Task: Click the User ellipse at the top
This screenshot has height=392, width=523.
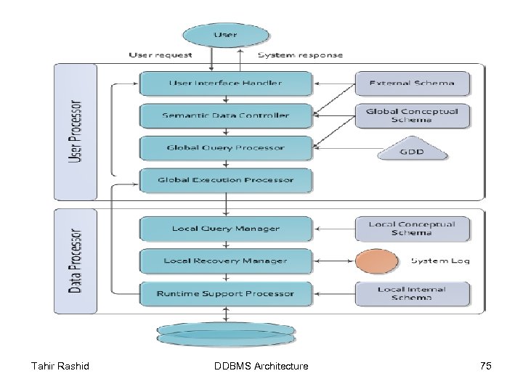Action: coord(225,35)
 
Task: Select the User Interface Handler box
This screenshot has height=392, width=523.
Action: coord(226,83)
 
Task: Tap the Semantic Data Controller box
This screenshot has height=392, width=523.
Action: coord(226,115)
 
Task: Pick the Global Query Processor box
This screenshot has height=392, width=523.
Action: coord(226,148)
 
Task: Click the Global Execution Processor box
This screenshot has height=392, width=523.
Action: coord(226,180)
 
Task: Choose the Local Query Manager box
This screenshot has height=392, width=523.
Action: coord(226,229)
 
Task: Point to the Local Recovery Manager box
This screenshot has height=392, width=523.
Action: coord(226,261)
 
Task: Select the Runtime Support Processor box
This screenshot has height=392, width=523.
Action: coord(226,294)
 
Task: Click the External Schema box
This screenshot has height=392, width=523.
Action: coord(412,83)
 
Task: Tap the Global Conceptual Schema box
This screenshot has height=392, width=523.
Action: coord(412,115)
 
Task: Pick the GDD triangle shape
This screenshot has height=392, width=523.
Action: coord(412,151)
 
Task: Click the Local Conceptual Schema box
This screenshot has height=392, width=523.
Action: coord(412,229)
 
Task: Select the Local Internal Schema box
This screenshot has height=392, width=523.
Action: coord(412,294)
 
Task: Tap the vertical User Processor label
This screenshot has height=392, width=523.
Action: coord(75,131)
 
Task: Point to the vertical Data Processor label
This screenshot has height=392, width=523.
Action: coord(75,261)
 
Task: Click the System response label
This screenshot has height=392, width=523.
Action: coord(301,54)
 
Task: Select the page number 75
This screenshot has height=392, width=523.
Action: coord(485,366)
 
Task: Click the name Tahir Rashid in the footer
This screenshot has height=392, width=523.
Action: coord(60,366)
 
